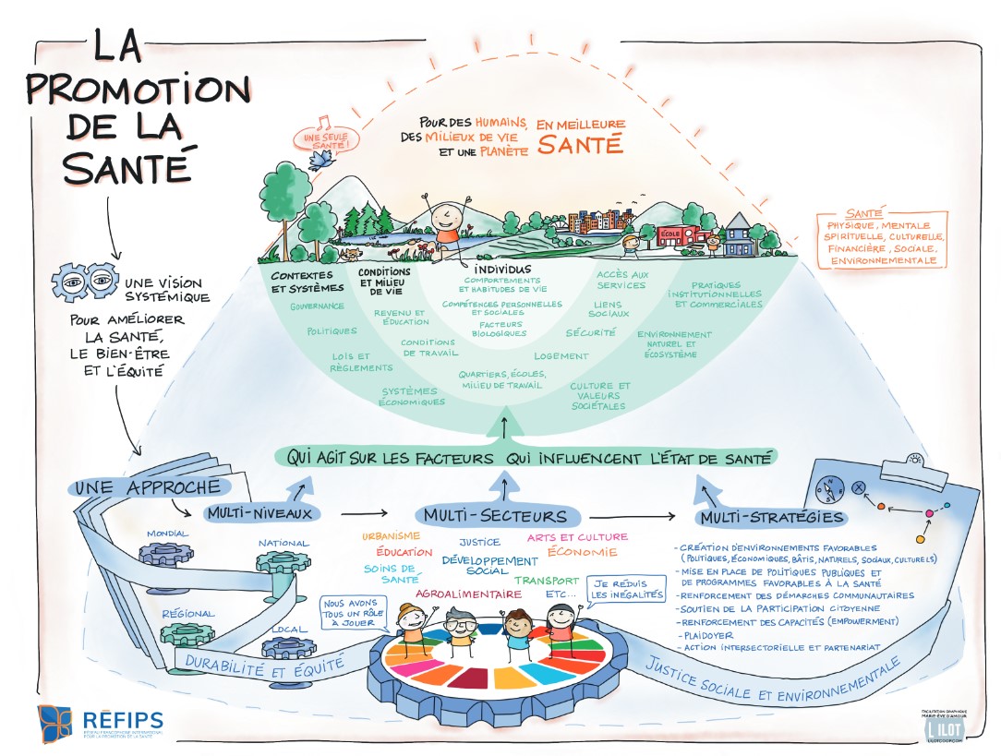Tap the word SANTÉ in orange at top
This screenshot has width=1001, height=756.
pos(581,145)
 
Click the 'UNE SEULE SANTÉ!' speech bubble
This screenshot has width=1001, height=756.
pos(325,140)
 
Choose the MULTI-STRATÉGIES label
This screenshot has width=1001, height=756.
pos(770,517)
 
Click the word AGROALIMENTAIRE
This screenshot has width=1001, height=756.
pos(467,594)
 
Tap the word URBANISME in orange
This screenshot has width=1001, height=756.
pos(389,535)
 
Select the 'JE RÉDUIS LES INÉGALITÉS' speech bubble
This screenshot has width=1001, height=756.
pos(627,589)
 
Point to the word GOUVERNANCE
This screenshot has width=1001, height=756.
pos(317,306)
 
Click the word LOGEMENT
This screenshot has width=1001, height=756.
pos(561,356)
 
